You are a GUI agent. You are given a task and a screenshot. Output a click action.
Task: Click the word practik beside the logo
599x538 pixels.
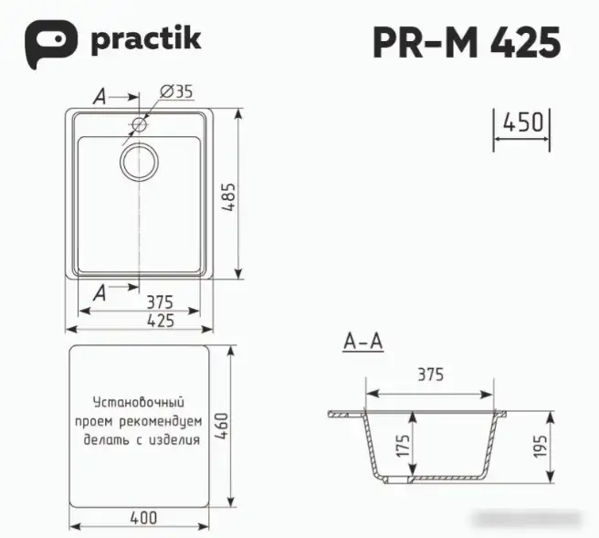(145, 40)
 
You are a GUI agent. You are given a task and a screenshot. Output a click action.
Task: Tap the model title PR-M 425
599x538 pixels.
(466, 42)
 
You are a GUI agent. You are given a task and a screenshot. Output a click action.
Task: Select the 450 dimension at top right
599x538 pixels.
(522, 122)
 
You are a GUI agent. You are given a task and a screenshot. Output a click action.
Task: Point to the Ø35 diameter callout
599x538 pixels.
(176, 91)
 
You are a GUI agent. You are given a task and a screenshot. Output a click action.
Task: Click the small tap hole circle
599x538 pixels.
(139, 123)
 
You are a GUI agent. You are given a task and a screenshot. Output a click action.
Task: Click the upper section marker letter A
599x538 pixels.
(102, 96)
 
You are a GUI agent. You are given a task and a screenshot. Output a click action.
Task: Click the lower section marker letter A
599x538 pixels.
(101, 293)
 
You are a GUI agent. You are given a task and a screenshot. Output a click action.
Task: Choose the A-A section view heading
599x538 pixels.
(363, 343)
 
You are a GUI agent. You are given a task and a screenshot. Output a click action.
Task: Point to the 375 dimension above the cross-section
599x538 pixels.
(429, 374)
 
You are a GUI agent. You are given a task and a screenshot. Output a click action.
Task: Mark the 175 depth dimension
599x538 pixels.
(401, 447)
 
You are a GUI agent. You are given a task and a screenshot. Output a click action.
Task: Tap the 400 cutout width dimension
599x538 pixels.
(142, 518)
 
